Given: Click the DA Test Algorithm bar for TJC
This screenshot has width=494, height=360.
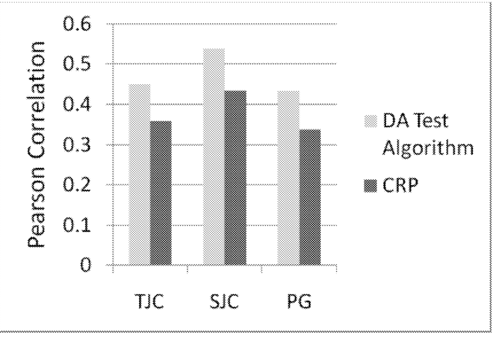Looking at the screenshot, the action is (x=140, y=174).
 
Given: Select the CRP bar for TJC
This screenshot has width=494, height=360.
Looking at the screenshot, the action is (x=161, y=193).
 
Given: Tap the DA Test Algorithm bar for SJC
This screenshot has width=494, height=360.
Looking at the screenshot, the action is (x=214, y=157).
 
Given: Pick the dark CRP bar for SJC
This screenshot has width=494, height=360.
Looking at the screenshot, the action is (x=235, y=177).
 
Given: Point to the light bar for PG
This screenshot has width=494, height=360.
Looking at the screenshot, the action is (x=288, y=178).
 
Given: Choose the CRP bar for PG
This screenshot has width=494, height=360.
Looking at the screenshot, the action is (x=310, y=197).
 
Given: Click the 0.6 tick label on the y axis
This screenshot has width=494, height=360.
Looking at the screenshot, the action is (x=77, y=24).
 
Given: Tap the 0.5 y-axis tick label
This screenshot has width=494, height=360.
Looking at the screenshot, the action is (x=77, y=64).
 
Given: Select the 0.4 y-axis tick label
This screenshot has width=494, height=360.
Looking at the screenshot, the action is (x=77, y=104).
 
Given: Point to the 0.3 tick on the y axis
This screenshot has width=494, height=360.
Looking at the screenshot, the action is (x=77, y=144).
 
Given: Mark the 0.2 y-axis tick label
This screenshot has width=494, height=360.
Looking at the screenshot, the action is (x=77, y=184).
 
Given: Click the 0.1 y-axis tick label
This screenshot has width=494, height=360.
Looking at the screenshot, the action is (x=77, y=225).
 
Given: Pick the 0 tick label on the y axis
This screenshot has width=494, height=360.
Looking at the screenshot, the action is (x=85, y=265).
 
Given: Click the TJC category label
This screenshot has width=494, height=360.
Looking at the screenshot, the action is (x=149, y=301).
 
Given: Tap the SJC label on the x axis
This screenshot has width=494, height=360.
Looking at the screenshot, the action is (x=224, y=301).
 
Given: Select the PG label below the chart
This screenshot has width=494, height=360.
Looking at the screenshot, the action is (x=299, y=302).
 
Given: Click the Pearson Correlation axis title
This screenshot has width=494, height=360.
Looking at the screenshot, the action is (x=37, y=144).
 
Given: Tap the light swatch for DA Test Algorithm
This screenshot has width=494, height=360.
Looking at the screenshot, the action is (x=370, y=121).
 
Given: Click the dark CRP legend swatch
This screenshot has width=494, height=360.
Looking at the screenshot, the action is (x=370, y=186).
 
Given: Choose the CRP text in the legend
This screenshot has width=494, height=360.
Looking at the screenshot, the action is (x=400, y=185).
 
